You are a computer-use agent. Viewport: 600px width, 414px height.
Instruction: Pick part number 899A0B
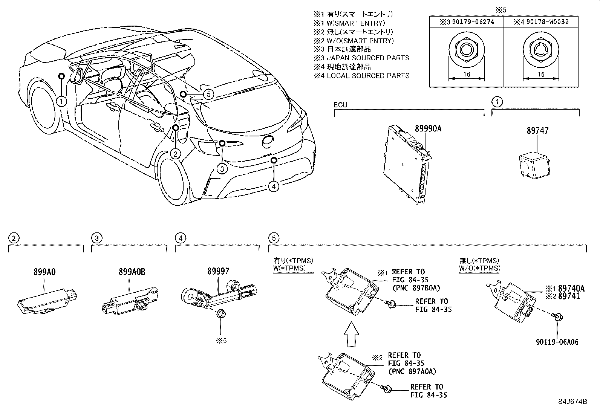pos(132,272)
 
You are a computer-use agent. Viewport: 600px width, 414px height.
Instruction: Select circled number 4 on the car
pos(274,186)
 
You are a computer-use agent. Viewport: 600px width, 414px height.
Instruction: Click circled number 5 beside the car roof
pos(208,93)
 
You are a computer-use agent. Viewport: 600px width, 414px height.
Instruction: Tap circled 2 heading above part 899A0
pos(14,238)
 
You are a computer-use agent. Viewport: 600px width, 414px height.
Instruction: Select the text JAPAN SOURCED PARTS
pos(367,58)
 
